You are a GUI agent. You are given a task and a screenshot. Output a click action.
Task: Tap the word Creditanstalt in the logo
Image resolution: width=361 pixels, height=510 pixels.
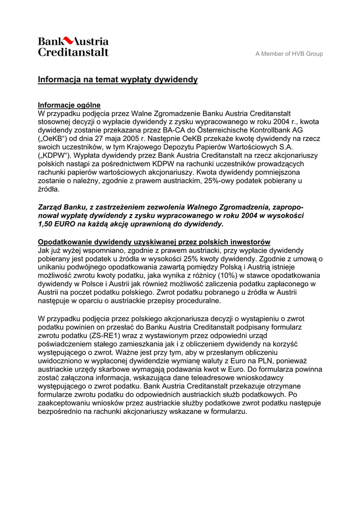[73, 51]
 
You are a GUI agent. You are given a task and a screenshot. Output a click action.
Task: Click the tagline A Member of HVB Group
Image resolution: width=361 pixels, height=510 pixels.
[289, 54]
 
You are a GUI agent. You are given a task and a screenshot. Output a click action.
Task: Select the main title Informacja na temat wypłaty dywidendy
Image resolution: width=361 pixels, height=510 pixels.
[118, 80]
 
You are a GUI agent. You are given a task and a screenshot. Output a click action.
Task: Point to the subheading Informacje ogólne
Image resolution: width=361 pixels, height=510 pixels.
[69, 105]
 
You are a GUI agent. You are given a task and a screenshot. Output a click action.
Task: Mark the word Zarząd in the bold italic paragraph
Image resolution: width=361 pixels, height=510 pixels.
[51, 207]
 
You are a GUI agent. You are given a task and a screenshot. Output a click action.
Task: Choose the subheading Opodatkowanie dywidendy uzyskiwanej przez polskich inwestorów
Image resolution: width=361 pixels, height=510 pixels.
[154, 242]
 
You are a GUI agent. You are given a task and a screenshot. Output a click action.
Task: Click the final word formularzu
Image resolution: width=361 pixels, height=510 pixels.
[226, 411]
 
